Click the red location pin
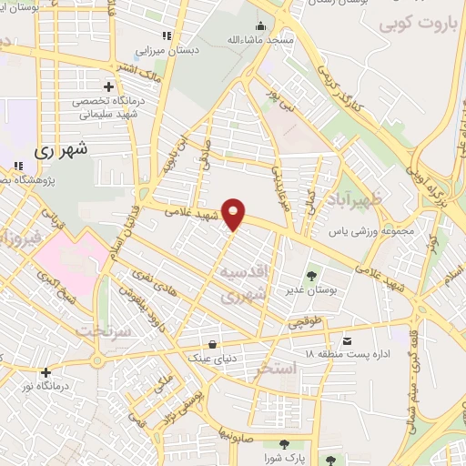pos(235,213)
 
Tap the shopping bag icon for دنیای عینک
pos(212,345)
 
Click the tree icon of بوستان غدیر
pos(312,274)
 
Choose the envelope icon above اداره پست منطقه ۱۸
pos(345,341)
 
